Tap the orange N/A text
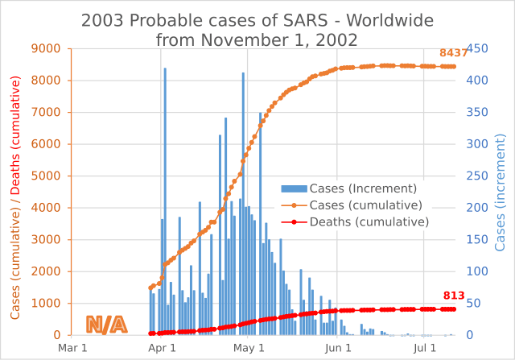[106, 325]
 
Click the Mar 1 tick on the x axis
[73, 348]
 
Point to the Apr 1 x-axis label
[163, 348]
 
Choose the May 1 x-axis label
[250, 348]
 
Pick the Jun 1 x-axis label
[339, 348]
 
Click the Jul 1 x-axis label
[425, 348]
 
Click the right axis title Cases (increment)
[501, 192]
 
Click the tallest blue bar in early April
[165, 201]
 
